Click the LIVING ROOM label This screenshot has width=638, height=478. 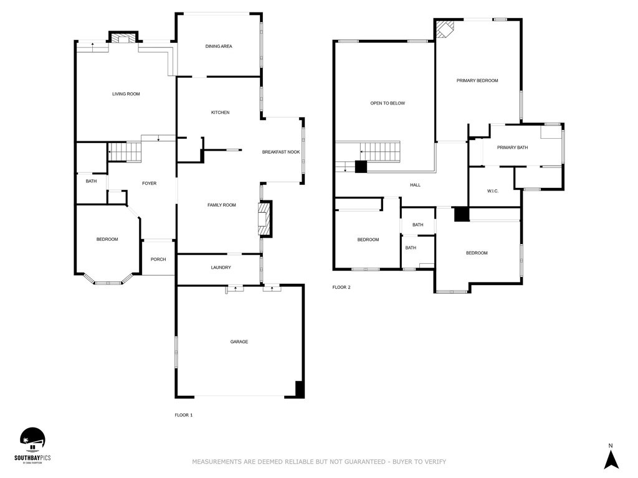point(126,94)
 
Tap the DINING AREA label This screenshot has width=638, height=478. point(219,46)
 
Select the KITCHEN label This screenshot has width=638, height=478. point(220,113)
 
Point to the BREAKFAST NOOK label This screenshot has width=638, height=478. point(281,152)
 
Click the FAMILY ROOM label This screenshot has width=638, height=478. point(222,205)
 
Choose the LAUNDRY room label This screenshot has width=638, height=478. point(221,268)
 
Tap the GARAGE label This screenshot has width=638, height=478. point(239,342)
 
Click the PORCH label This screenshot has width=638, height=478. point(158,259)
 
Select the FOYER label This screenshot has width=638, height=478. point(149,184)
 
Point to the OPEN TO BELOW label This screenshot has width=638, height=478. point(388,103)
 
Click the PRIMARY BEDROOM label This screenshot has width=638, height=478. point(477,80)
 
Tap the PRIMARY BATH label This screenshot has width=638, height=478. point(512,148)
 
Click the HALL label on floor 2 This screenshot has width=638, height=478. point(415,185)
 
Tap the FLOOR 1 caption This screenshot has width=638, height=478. point(184,415)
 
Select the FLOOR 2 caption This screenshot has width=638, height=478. point(341,288)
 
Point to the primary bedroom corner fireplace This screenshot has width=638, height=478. point(445,29)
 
